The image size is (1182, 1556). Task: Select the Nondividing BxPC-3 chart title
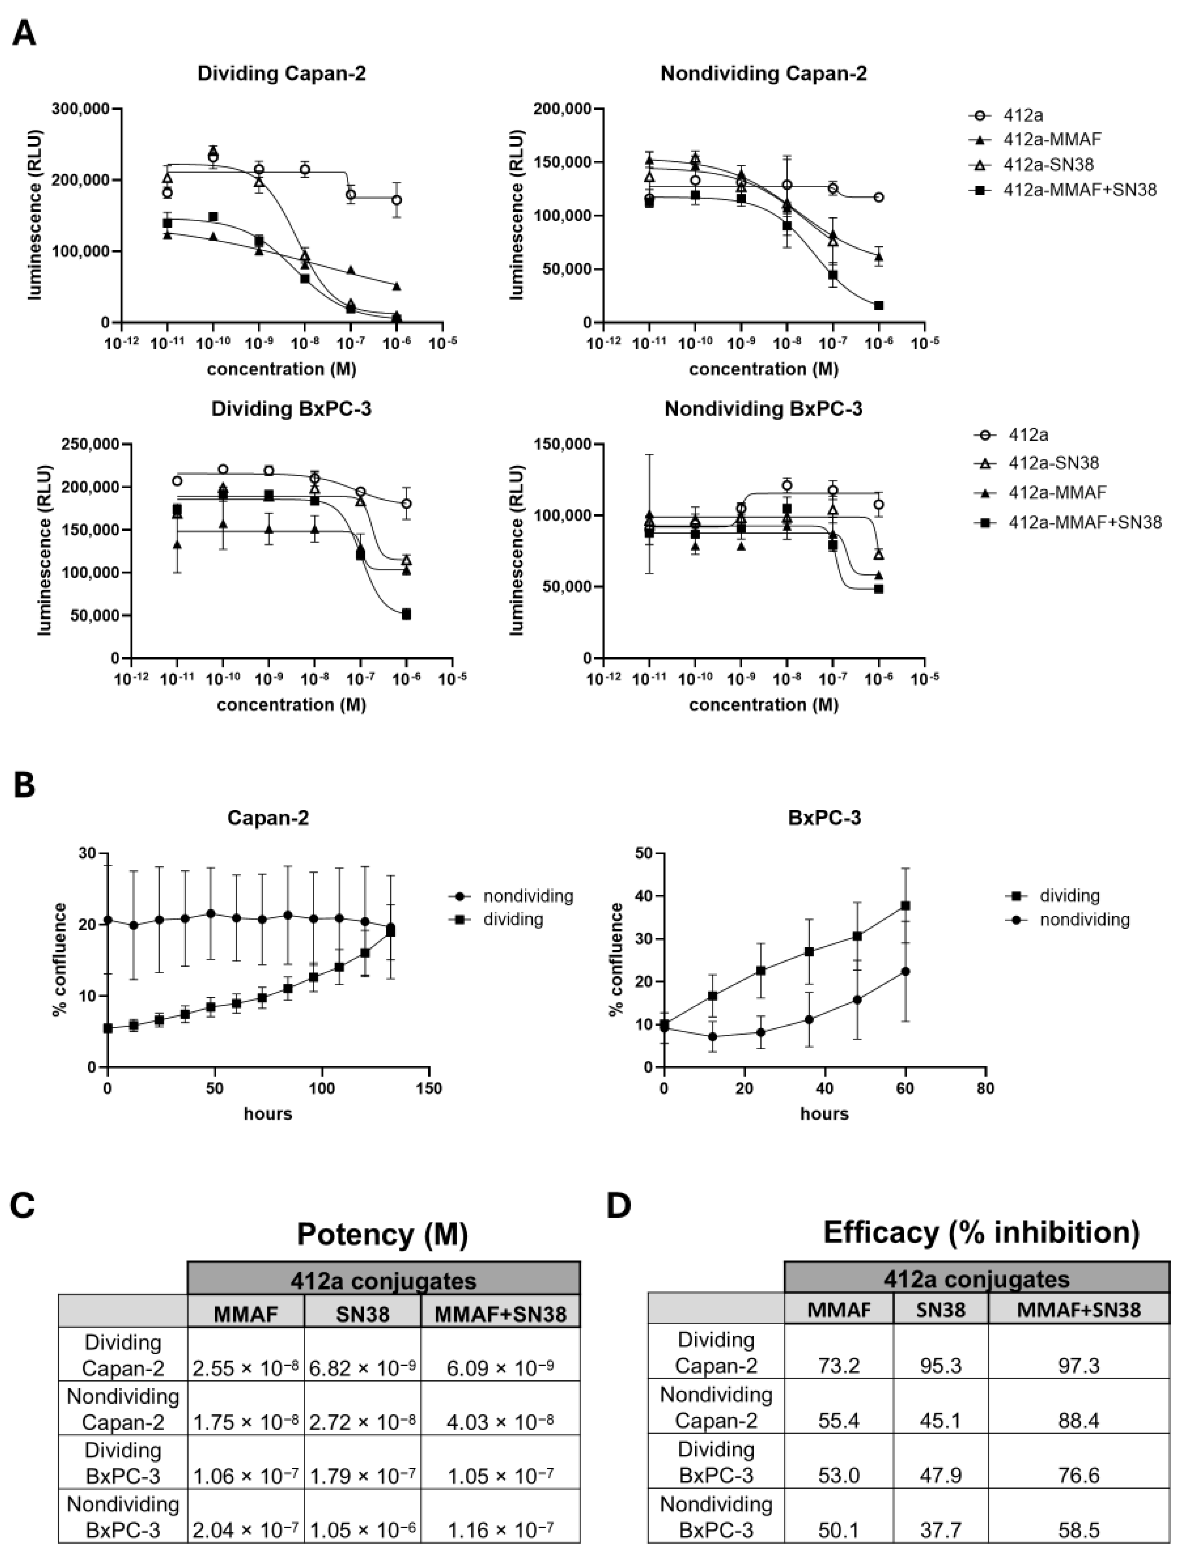763,409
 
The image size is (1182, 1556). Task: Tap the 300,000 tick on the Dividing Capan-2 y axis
81,109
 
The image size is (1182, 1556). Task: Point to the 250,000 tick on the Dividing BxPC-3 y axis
91,444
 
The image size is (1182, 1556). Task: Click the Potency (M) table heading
383,1234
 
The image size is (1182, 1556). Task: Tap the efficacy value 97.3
1079,1366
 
